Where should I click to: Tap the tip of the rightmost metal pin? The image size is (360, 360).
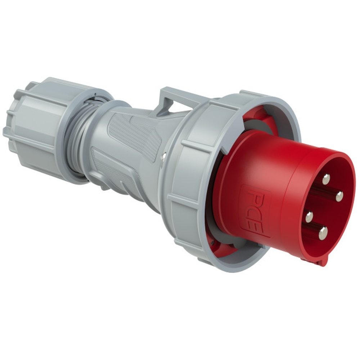pos(339,196)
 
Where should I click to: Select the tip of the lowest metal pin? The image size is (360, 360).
pos(323,233)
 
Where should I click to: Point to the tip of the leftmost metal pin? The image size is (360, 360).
pos(309,217)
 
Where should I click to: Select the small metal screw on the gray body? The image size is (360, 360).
pos(164,156)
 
